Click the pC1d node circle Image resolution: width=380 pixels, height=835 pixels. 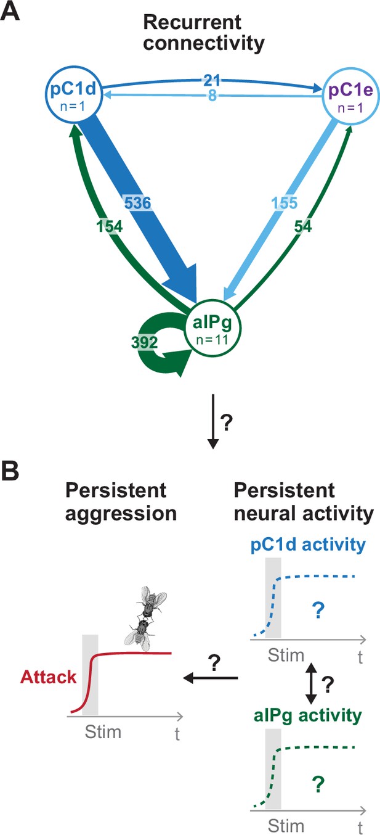(74, 67)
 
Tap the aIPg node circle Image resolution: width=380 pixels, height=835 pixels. (213, 300)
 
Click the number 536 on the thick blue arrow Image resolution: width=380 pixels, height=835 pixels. (137, 203)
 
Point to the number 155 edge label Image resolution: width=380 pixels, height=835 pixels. (285, 203)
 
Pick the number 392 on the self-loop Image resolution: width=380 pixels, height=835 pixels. (144, 342)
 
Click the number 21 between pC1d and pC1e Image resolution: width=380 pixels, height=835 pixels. (212, 80)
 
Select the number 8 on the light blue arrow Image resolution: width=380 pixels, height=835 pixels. (212, 96)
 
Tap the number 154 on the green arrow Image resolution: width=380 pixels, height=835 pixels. (110, 226)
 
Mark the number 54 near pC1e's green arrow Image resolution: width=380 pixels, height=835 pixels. (303, 226)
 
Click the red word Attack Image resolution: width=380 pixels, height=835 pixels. (49, 677)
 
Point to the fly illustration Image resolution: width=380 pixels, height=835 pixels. (145, 619)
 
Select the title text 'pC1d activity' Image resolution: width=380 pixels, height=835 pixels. (308, 545)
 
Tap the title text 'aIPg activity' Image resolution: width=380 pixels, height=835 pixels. (308, 715)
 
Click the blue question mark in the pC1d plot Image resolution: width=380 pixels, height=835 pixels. (318, 611)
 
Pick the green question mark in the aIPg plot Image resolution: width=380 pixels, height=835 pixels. (318, 783)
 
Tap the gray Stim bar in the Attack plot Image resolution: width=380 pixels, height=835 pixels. (90, 675)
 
